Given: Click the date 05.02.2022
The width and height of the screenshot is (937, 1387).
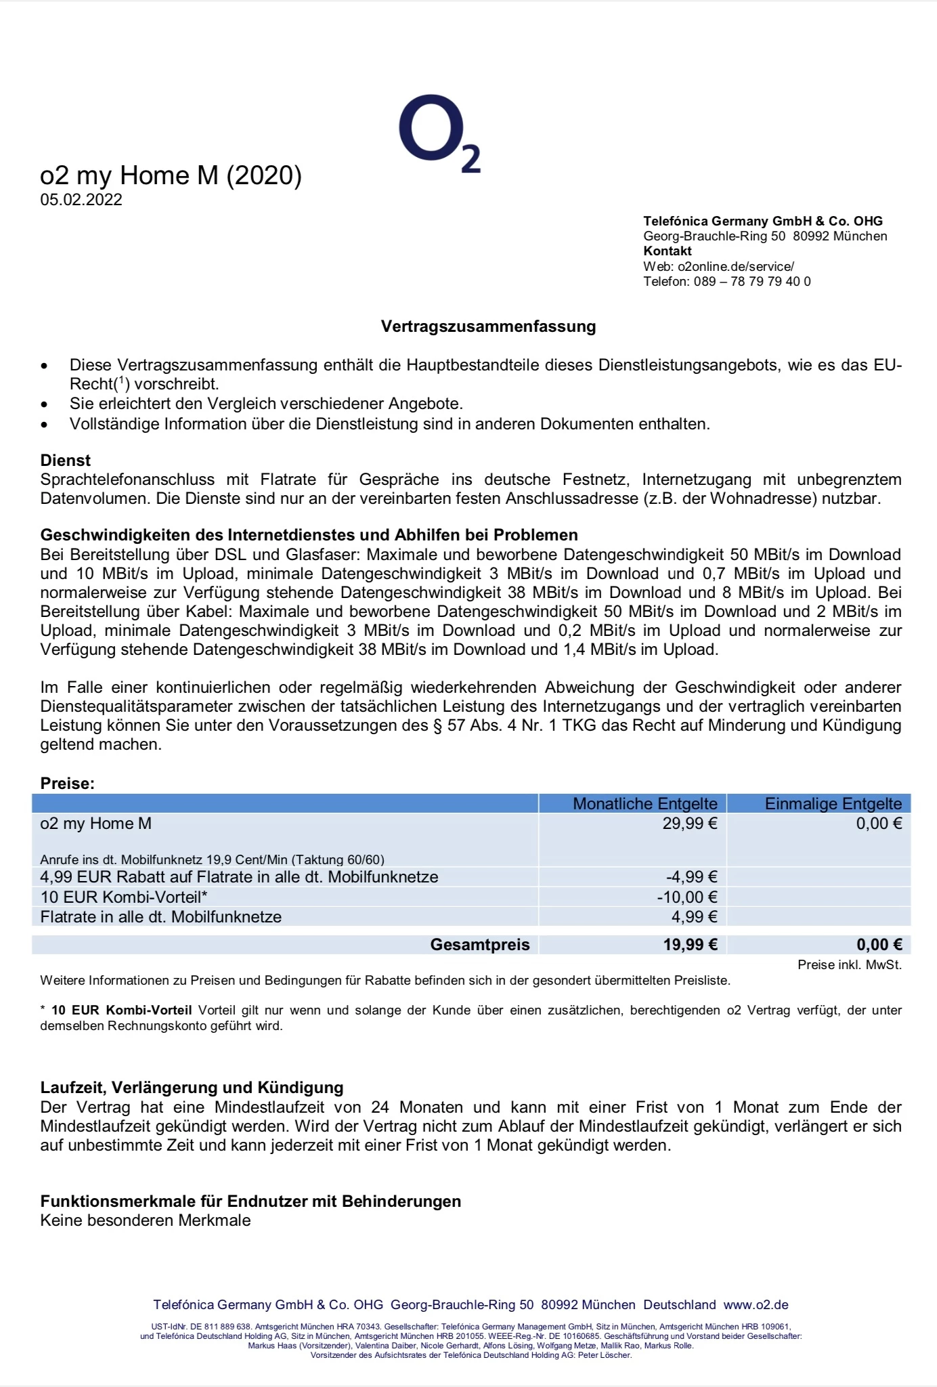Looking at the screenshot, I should click(x=81, y=200).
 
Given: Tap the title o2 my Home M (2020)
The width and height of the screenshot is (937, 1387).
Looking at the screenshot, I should click(x=171, y=175).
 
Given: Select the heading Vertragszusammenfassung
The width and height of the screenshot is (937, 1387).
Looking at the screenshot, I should click(x=488, y=326).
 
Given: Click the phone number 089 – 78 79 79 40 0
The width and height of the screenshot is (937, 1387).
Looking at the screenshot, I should click(x=751, y=282).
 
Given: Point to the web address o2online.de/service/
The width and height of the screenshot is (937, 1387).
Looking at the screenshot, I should click(x=735, y=267).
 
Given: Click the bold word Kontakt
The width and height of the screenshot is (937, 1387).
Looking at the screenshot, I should click(x=668, y=251).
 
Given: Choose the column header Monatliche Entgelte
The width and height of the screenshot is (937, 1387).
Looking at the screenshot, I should click(x=645, y=804).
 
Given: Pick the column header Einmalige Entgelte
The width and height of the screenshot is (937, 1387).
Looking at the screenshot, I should click(x=833, y=804).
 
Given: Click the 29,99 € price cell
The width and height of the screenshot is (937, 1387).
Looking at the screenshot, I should click(x=690, y=824).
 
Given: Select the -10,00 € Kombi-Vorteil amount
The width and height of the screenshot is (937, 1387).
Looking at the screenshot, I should click(x=687, y=897).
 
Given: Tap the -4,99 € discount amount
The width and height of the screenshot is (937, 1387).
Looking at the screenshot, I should click(x=691, y=877).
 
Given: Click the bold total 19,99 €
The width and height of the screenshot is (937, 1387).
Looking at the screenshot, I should click(x=690, y=945).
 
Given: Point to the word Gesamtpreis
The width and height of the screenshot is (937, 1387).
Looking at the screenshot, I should click(x=480, y=945).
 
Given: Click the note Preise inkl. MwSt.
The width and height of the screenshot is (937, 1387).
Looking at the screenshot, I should click(x=849, y=965).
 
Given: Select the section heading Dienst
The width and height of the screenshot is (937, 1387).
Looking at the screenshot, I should click(x=65, y=461).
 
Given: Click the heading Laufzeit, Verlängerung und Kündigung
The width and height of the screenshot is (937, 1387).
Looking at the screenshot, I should click(x=192, y=1088).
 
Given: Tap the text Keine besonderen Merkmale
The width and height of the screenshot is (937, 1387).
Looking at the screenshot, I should click(x=146, y=1220).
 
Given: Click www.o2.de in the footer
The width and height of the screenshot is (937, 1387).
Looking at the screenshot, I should click(x=756, y=1305).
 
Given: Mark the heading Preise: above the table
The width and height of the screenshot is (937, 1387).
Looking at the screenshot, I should click(x=67, y=784).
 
